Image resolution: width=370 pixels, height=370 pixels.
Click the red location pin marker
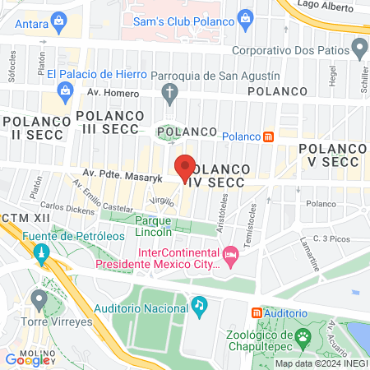coord(186,168)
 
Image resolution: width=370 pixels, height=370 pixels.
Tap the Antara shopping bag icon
coord(58,25)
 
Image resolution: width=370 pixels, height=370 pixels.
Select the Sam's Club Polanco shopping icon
coord(244,17)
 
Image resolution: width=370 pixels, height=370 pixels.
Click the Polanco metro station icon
coord(267,136)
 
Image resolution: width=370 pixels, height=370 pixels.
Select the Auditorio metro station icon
coord(257,313)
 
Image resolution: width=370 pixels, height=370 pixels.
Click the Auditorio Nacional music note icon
coord(199,306)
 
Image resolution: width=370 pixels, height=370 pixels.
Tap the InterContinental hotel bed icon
coord(231,258)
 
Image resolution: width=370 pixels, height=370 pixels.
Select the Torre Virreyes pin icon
coord(38,298)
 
